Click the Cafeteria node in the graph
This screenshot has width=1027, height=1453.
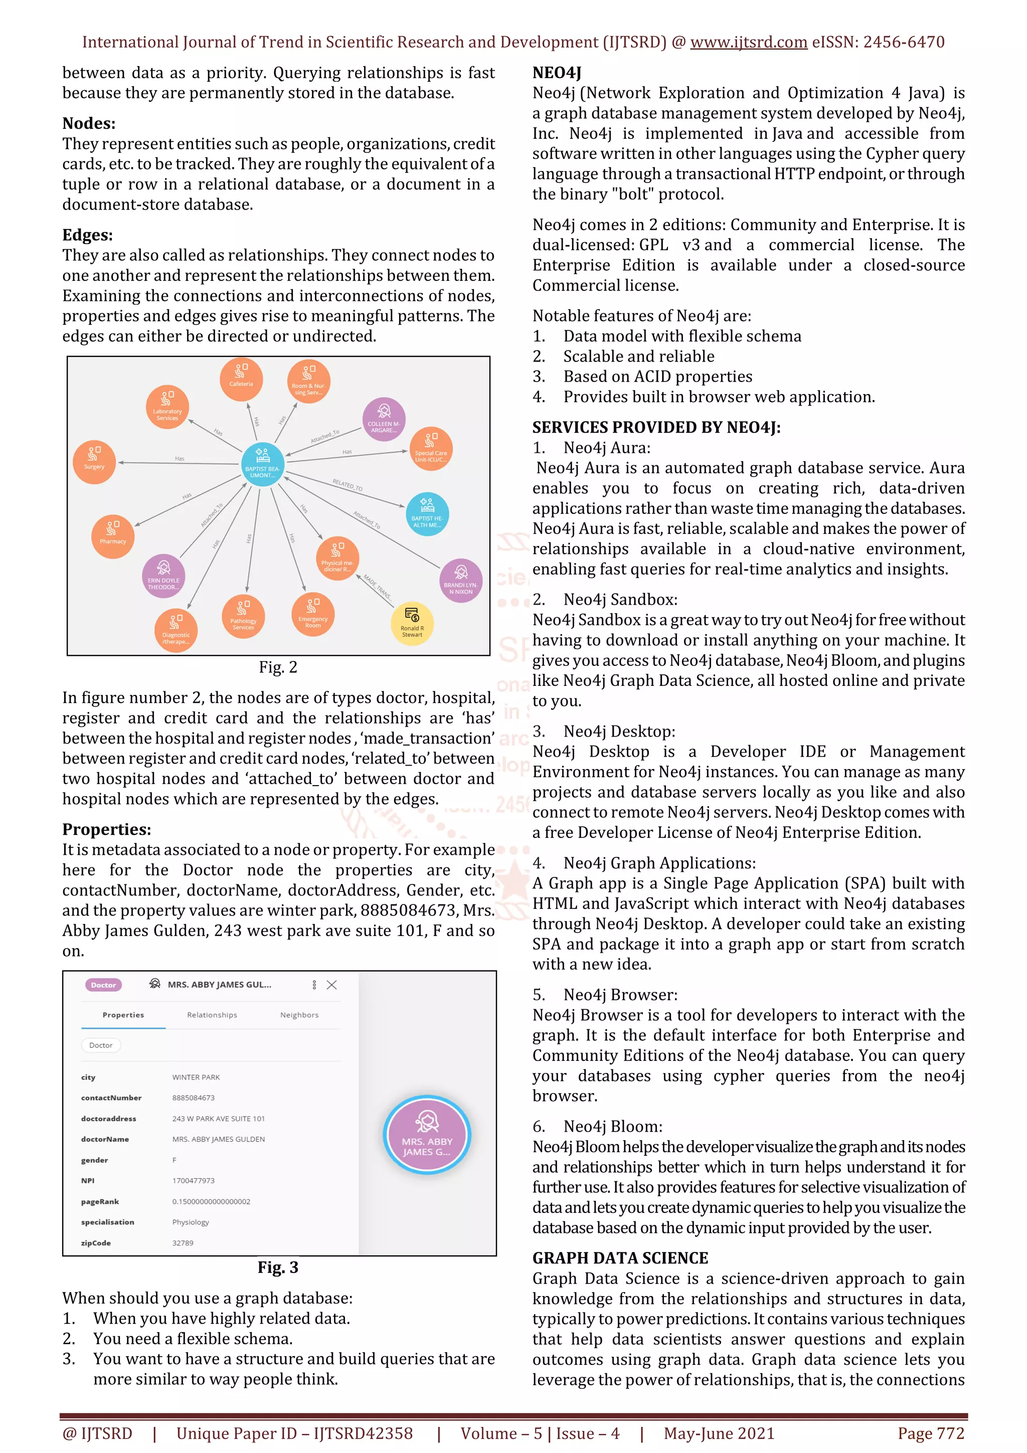[x=241, y=379]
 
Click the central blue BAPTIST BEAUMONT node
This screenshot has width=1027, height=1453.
[x=263, y=464]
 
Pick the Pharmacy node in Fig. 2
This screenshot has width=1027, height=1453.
[x=113, y=536]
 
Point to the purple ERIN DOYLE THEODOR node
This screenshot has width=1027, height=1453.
[x=163, y=576]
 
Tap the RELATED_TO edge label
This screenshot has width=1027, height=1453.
[x=348, y=485]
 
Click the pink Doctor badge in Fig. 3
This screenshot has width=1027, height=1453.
[x=103, y=985]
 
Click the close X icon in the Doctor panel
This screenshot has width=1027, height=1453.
[x=331, y=985]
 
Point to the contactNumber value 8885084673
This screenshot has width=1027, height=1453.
[x=193, y=1098]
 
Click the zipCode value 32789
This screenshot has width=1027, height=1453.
[x=183, y=1243]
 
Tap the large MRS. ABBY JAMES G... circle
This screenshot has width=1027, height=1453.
[x=427, y=1135]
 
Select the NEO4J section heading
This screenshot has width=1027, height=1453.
[x=556, y=73]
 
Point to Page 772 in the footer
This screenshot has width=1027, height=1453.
[x=930, y=1433]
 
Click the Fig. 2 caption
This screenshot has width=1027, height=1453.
[x=278, y=667]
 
